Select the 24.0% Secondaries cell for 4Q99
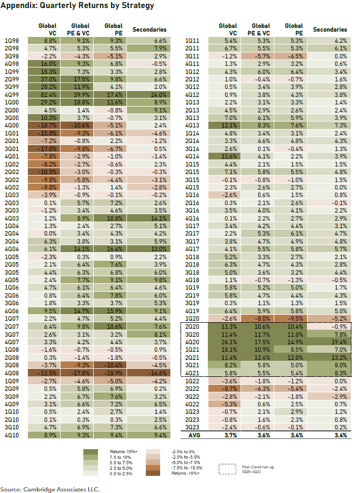click(148, 95)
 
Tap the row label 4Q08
click(12, 373)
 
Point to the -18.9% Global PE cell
click(110, 373)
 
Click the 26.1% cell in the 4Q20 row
click(224, 342)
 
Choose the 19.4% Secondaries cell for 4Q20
click(329, 342)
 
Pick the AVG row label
click(194, 436)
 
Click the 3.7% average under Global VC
click(231, 436)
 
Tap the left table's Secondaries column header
click(149, 29)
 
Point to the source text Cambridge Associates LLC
click(62, 489)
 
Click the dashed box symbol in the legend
click(227, 469)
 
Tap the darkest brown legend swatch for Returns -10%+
click(153, 473)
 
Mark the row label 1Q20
click(192, 318)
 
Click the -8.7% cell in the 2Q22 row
click(224, 389)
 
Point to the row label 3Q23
click(192, 427)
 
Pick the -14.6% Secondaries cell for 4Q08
click(148, 373)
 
